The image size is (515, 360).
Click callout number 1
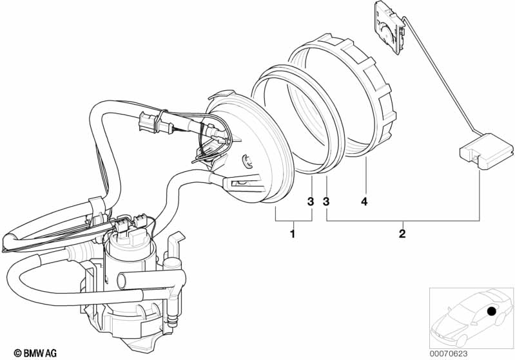pyautogui.click(x=292, y=234)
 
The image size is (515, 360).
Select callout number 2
pyautogui.click(x=402, y=234)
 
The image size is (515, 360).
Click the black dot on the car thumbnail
pyautogui.click(x=492, y=312)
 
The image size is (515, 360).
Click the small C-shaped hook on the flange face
pyautogui.click(x=246, y=158)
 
